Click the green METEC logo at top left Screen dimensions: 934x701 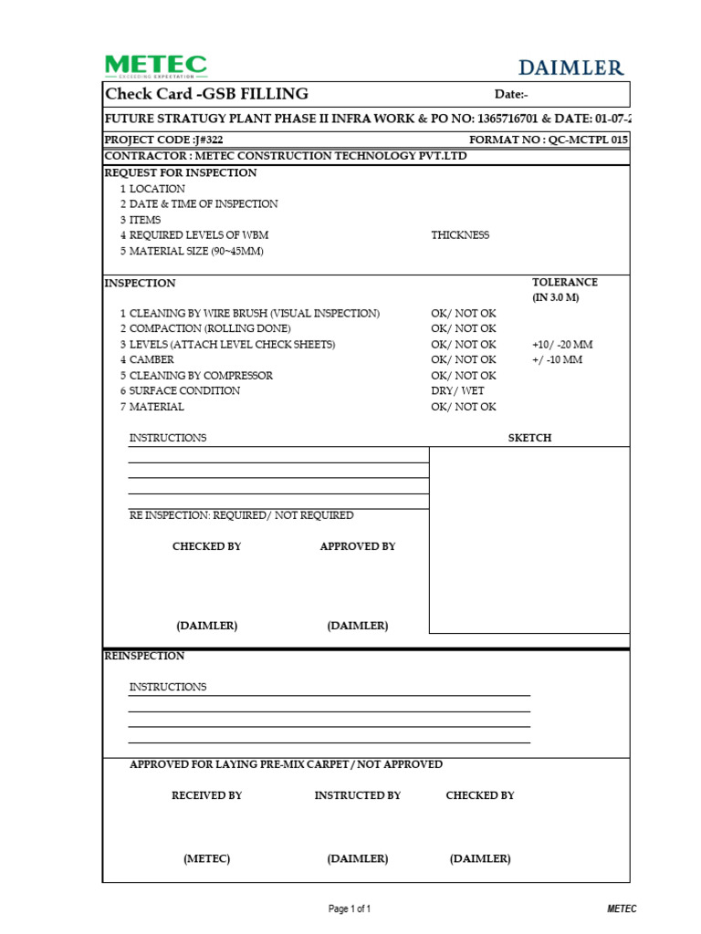tap(155, 66)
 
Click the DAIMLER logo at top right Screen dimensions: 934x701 tap(571, 67)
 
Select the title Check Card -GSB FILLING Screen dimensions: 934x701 tap(207, 94)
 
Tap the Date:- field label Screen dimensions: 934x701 tap(511, 95)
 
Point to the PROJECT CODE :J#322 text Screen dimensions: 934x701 tap(164, 140)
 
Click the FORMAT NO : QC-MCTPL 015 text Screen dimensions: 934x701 tap(549, 140)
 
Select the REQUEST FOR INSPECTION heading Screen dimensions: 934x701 tap(181, 173)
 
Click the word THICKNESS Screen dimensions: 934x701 tap(460, 235)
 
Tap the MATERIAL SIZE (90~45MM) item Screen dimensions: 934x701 tap(196, 251)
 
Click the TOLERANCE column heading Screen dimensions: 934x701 tap(565, 283)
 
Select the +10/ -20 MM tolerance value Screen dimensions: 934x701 tap(561, 345)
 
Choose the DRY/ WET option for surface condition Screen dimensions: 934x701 tap(457, 391)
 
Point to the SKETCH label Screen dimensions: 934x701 tap(529, 438)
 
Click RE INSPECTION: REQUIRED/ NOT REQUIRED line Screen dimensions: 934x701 tap(241, 515)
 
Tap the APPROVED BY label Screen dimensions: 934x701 tap(358, 546)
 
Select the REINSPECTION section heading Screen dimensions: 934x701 tap(144, 656)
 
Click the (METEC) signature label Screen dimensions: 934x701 tap(206, 859)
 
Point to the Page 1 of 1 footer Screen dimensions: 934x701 tap(350, 909)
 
